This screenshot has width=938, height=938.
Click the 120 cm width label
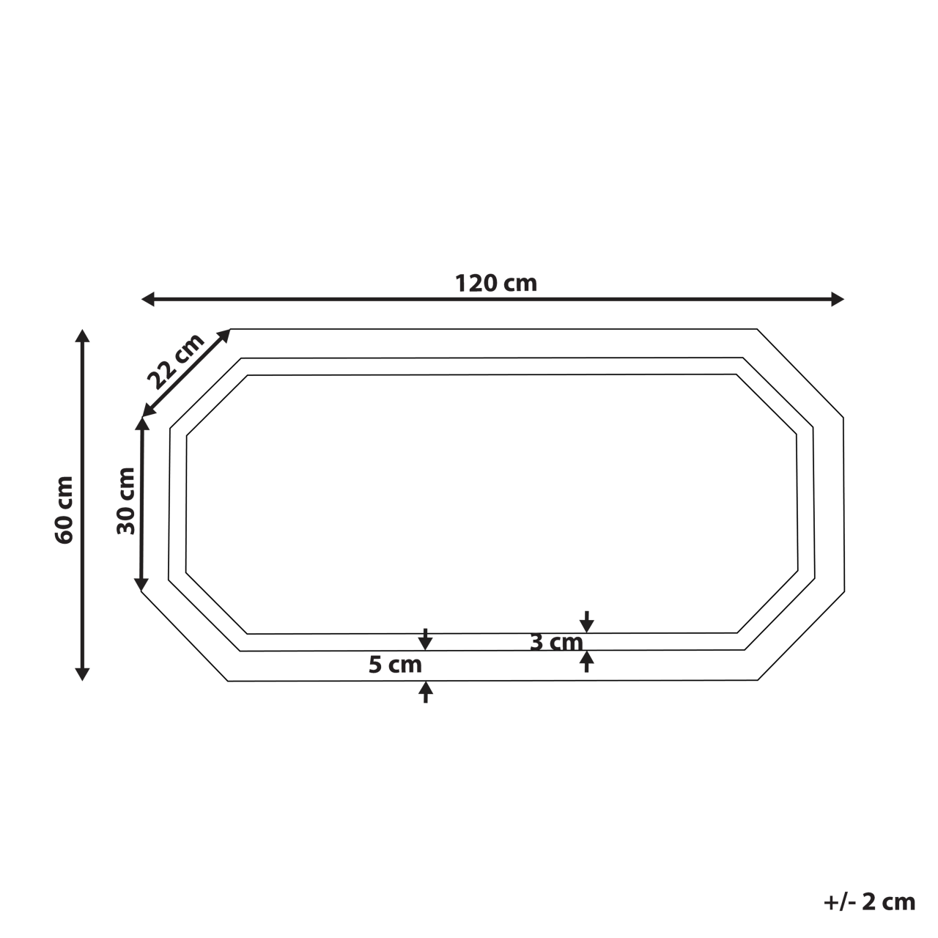tap(496, 283)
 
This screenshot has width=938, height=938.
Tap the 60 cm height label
tap(64, 509)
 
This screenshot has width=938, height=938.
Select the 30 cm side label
tap(127, 501)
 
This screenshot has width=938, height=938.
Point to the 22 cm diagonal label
tap(175, 361)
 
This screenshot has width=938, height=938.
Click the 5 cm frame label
tap(395, 665)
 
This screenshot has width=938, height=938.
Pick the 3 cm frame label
tap(556, 643)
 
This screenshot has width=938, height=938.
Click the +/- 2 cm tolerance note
tap(869, 901)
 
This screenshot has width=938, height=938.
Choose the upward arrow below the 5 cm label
tap(425, 691)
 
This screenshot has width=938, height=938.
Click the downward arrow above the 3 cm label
tap(586, 622)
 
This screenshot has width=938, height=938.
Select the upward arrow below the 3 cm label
tap(586, 661)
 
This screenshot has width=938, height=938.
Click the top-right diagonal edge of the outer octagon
tap(799, 373)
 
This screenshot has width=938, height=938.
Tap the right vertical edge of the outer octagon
tap(844, 506)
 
